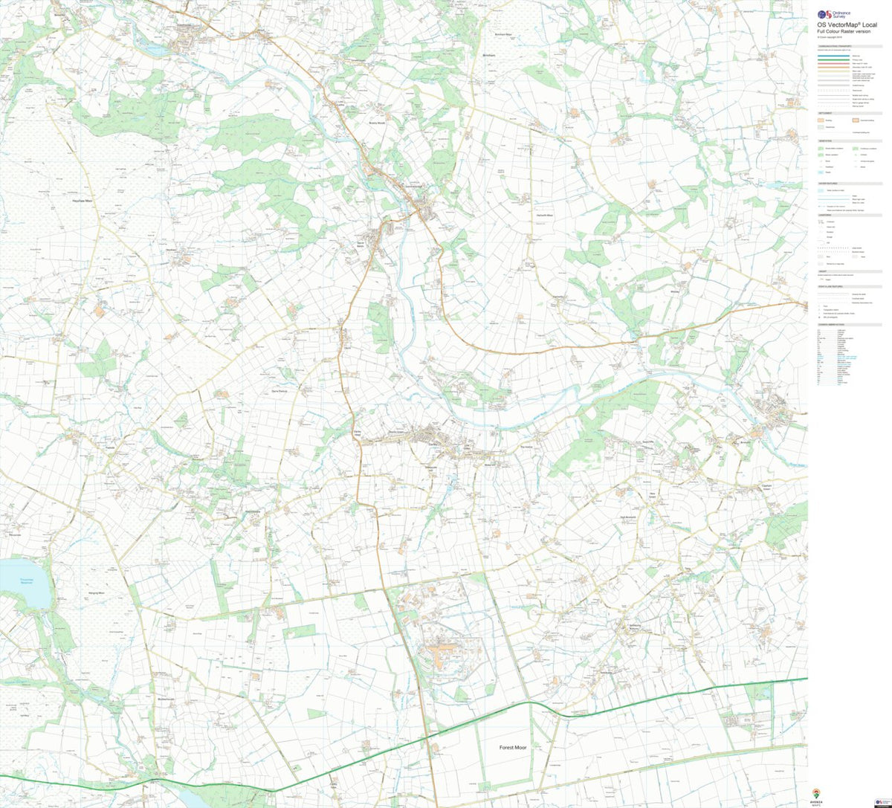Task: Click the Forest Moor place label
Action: click(x=513, y=747)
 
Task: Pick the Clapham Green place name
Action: click(x=766, y=487)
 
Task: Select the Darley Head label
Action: click(x=357, y=433)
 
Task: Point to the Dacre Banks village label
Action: click(x=358, y=244)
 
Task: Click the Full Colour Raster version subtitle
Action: click(x=844, y=31)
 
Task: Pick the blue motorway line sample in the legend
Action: click(x=833, y=56)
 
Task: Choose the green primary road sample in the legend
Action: click(x=833, y=60)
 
